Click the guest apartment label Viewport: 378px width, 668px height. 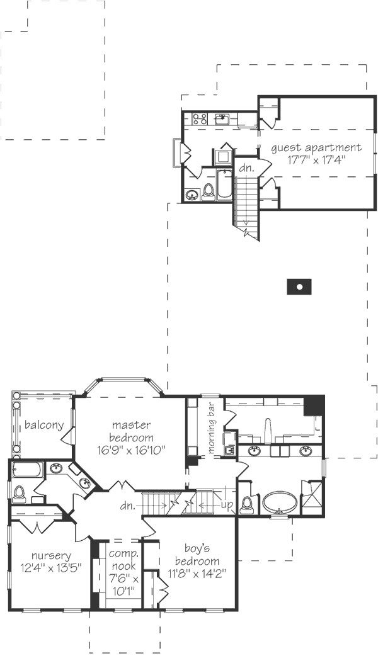(x=316, y=148)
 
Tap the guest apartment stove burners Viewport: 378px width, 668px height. (x=200, y=118)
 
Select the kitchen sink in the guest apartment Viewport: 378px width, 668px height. (x=222, y=118)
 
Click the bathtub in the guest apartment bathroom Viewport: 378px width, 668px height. (x=225, y=185)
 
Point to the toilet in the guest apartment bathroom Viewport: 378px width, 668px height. (x=208, y=191)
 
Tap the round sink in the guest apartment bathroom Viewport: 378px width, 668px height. (x=191, y=195)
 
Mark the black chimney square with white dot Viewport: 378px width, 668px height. (x=300, y=286)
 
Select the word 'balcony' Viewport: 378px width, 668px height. (x=43, y=425)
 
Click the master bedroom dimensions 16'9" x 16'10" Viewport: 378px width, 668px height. (x=131, y=450)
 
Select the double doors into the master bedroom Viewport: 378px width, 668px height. (x=121, y=487)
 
